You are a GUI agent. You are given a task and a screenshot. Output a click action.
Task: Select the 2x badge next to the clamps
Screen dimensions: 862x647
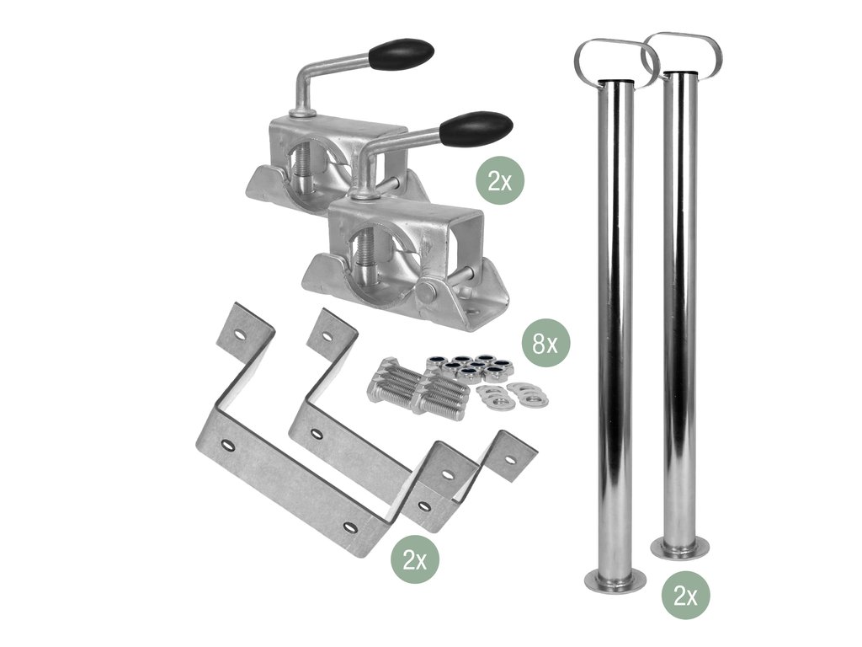tap(500, 180)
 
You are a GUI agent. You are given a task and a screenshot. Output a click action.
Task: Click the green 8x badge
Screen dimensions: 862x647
tap(545, 344)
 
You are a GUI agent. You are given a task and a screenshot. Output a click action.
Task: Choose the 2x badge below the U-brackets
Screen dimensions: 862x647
tap(415, 560)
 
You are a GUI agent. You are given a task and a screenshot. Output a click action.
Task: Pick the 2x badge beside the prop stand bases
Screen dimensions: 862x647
tap(685, 596)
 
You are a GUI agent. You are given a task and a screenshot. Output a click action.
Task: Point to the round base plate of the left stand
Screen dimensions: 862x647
tap(615, 580)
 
